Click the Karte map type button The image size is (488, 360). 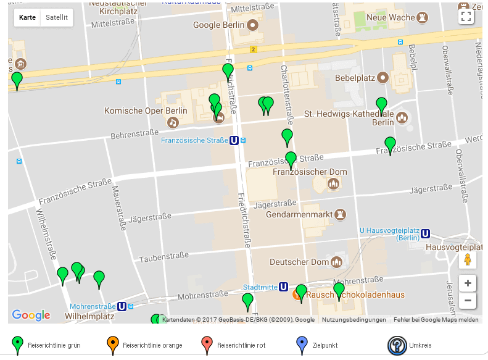tap(27, 17)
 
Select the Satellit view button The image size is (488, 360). tap(57, 17)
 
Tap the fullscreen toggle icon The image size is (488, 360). tap(466, 17)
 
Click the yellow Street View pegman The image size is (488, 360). tap(468, 259)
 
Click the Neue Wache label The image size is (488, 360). tap(391, 17)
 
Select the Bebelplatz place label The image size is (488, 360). tap(355, 78)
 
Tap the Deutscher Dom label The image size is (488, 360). tap(299, 261)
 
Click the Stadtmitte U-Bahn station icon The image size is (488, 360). tap(283, 287)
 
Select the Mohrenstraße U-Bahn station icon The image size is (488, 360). tap(122, 306)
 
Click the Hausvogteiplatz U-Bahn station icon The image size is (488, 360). tap(425, 233)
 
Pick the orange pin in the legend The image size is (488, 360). tap(112, 345)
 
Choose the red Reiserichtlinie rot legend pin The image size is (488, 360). tap(207, 345)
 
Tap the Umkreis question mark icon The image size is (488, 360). tap(396, 345)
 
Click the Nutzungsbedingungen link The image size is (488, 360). tap(354, 320)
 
